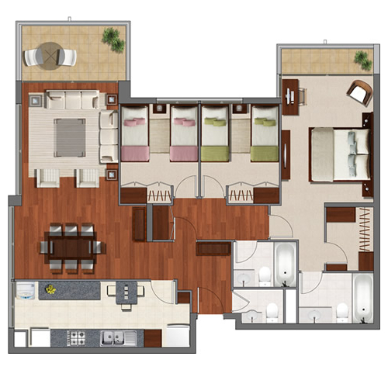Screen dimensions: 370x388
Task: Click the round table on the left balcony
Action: (50, 55)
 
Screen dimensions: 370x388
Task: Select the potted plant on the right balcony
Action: (362, 60)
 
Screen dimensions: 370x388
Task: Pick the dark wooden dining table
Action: (72, 247)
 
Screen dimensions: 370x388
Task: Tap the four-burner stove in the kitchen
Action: (78, 337)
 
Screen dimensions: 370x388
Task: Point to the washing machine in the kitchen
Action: (26, 292)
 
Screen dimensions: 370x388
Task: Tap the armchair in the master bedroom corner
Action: (359, 92)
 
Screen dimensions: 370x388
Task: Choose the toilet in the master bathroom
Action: (340, 312)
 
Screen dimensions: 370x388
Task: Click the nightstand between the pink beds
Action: (158, 129)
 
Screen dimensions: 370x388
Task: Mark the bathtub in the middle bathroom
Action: (284, 261)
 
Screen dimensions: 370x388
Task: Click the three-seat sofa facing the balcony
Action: (72, 100)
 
